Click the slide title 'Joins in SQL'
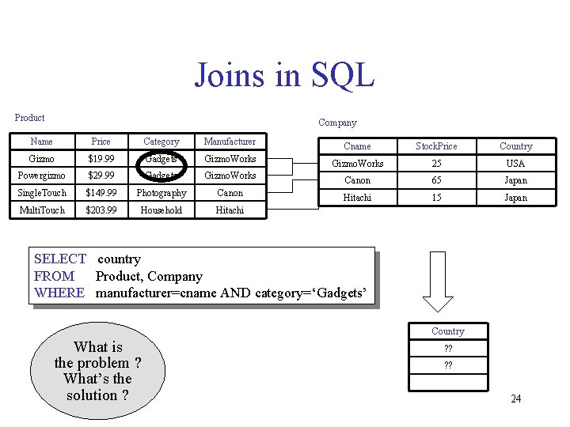(284, 76)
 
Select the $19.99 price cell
(101, 159)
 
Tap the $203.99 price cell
(101, 210)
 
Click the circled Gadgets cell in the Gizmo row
(161, 159)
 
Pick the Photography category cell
(161, 193)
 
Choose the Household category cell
(161, 210)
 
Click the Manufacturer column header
(230, 142)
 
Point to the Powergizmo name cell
(41, 176)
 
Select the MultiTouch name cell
(42, 210)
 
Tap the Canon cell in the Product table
(230, 193)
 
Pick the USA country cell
(515, 164)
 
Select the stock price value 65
(436, 180)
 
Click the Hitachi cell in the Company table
(357, 198)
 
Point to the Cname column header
(357, 146)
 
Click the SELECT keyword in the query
(60, 259)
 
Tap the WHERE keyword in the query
(59, 293)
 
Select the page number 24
(515, 399)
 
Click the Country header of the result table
(448, 331)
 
